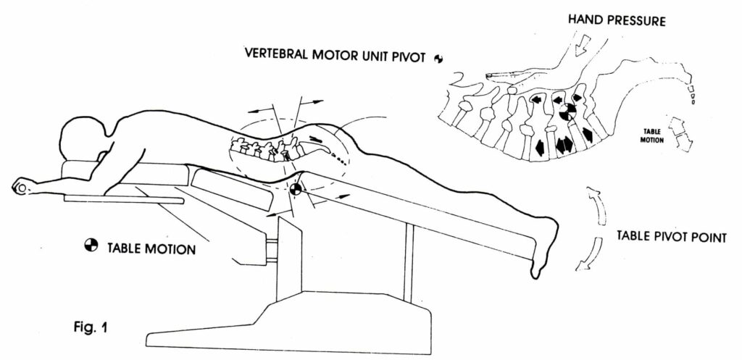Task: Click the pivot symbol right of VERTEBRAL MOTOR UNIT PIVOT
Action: click(x=438, y=58)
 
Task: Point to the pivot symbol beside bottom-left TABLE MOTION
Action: click(x=91, y=245)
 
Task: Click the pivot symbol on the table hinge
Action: click(x=296, y=189)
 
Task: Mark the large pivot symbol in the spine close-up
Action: click(x=567, y=112)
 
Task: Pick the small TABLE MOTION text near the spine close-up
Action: click(x=652, y=136)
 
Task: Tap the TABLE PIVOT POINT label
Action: click(x=671, y=236)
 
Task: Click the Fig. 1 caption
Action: click(x=91, y=327)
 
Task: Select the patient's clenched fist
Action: click(x=22, y=187)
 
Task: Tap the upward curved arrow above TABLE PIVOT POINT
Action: click(x=596, y=205)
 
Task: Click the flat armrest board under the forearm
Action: click(x=124, y=199)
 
